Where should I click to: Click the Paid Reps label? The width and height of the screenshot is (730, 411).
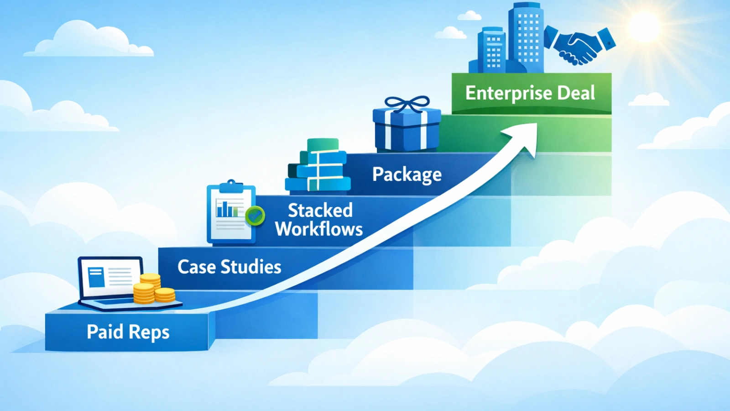pyautogui.click(x=128, y=332)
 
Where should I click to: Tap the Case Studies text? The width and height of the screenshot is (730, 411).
pyautogui.click(x=229, y=267)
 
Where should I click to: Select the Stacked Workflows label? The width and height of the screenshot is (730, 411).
pyautogui.click(x=319, y=220)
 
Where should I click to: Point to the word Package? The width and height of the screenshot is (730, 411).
pyautogui.click(x=407, y=174)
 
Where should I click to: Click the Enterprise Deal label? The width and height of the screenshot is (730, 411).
pyautogui.click(x=530, y=93)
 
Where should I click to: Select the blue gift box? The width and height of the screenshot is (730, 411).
pyautogui.click(x=407, y=129)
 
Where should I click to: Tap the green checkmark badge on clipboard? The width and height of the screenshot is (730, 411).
pyautogui.click(x=255, y=216)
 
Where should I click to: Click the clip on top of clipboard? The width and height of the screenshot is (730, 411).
pyautogui.click(x=231, y=185)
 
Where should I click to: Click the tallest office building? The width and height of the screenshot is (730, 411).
pyautogui.click(x=526, y=37)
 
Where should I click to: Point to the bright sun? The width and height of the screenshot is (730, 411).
pyautogui.click(x=644, y=26)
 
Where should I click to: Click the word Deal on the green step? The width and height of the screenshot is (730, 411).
pyautogui.click(x=576, y=93)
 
